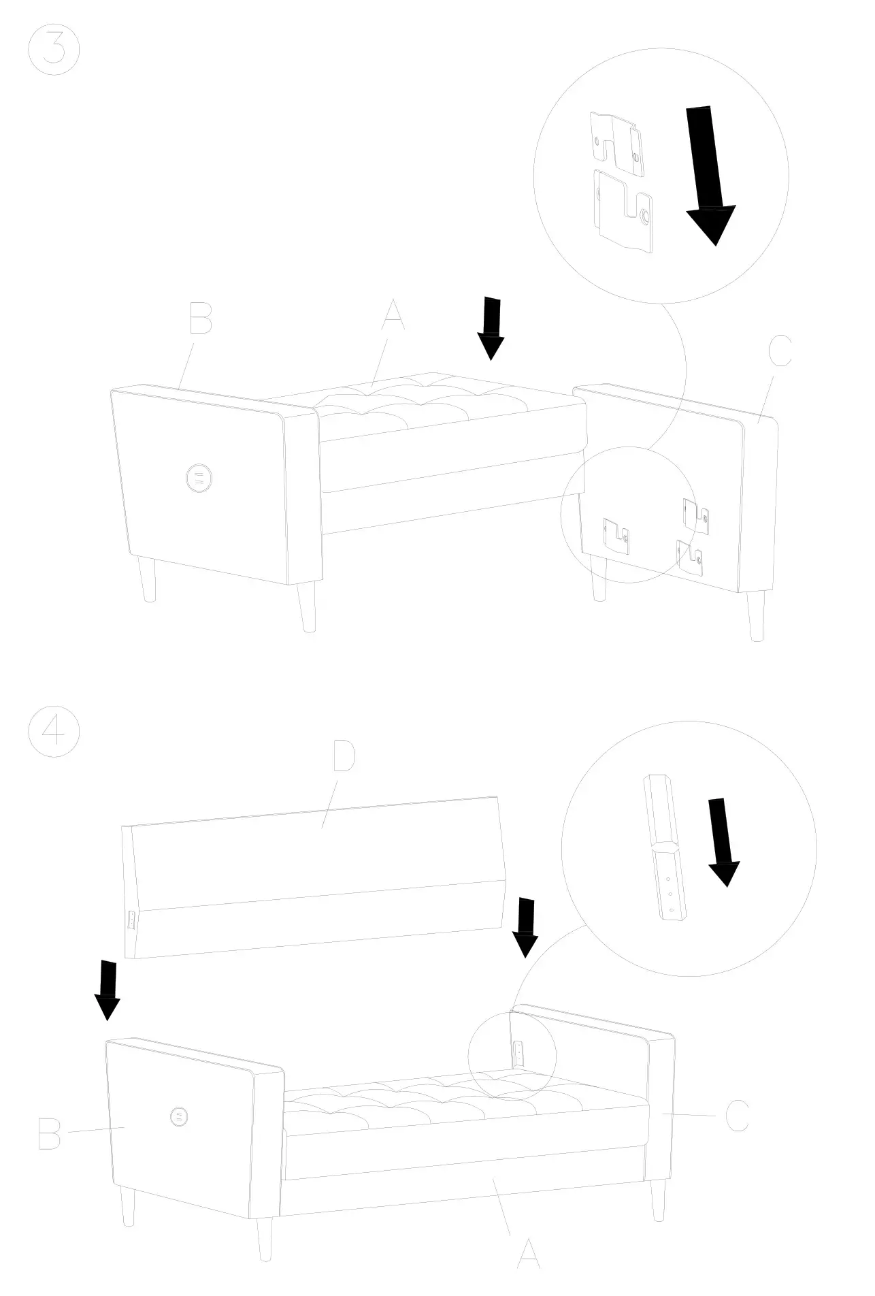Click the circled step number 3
tap(54, 50)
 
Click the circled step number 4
tap(54, 736)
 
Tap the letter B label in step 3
tap(200, 318)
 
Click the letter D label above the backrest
tap(344, 758)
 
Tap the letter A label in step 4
tap(529, 1254)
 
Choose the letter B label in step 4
tap(50, 1132)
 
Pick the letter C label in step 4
tap(736, 1116)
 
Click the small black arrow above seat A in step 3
tap(491, 328)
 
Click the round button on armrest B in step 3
tap(199, 477)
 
